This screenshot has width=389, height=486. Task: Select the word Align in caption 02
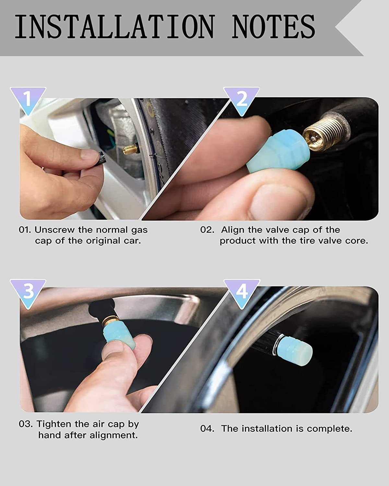coord(233,230)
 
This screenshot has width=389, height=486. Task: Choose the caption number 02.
coord(207,230)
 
